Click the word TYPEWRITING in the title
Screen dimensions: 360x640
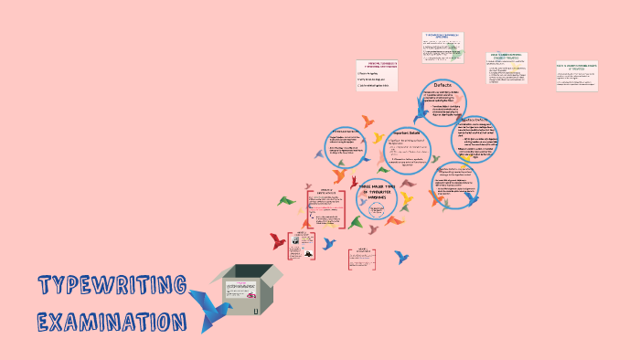112,286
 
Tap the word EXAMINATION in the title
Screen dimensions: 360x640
112,322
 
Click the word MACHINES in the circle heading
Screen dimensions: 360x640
377,197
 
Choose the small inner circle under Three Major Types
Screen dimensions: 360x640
376,211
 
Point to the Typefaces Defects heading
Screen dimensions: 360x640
477,120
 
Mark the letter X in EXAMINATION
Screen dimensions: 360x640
61,323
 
